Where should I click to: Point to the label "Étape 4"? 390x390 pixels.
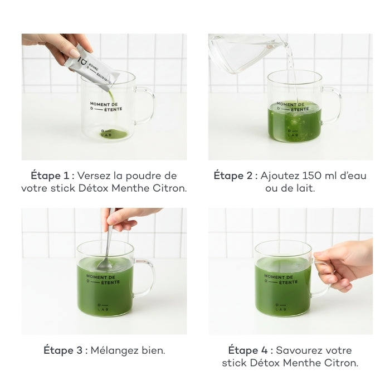(248, 350)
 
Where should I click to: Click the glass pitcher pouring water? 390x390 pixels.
(245, 53)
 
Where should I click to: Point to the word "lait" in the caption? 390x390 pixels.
(305, 188)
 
